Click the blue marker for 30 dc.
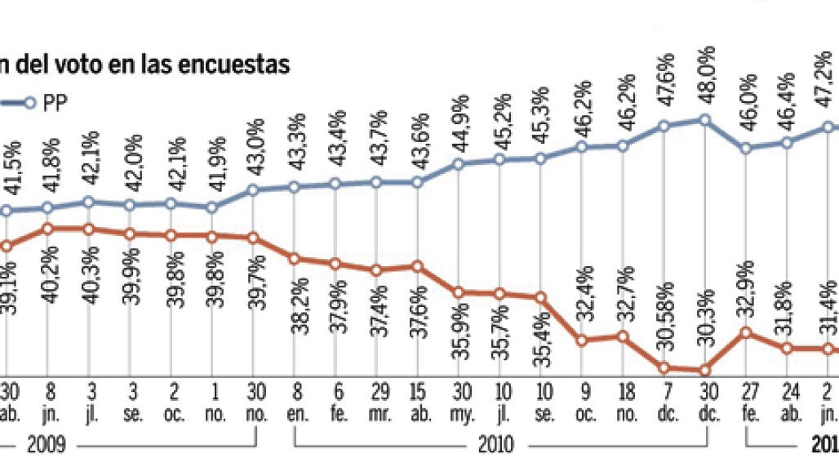[x=705, y=120]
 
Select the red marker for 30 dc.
[x=705, y=370]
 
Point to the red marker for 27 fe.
[x=746, y=332]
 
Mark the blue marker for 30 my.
[x=458, y=163]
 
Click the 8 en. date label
[x=295, y=400]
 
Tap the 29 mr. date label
[x=377, y=400]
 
